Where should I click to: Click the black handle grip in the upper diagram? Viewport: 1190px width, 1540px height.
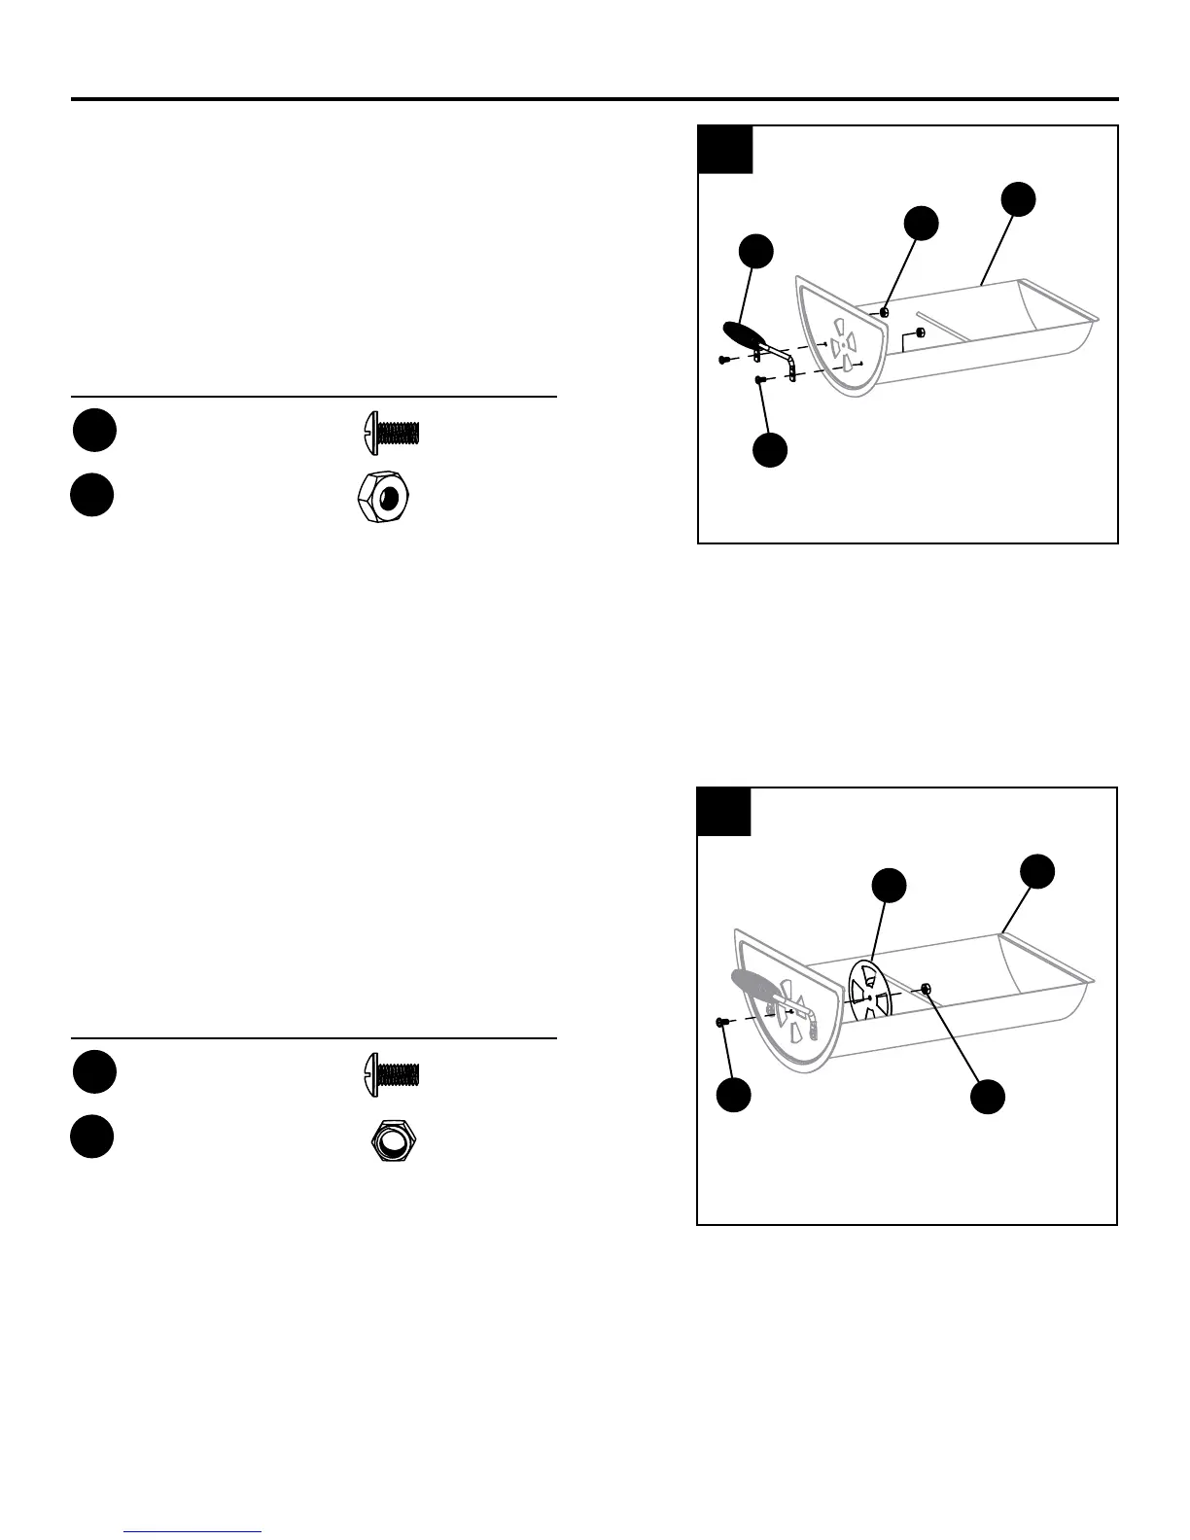click(x=745, y=335)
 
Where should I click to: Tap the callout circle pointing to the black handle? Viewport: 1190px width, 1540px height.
click(x=756, y=251)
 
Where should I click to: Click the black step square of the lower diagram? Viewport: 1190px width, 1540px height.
click(x=724, y=812)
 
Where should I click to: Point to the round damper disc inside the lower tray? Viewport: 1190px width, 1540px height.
click(x=871, y=991)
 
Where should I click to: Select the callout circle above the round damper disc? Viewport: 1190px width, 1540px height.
click(x=889, y=885)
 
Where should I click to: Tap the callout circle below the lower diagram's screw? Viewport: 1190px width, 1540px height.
click(x=734, y=1094)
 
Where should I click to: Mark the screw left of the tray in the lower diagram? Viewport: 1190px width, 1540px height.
click(x=722, y=1022)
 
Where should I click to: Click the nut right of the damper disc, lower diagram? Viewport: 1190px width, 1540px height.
click(x=927, y=989)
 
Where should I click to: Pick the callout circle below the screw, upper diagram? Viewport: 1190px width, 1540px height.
click(x=771, y=451)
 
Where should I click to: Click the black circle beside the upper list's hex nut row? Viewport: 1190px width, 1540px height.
click(x=92, y=495)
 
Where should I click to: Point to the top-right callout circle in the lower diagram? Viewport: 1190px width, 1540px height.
click(x=1037, y=870)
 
